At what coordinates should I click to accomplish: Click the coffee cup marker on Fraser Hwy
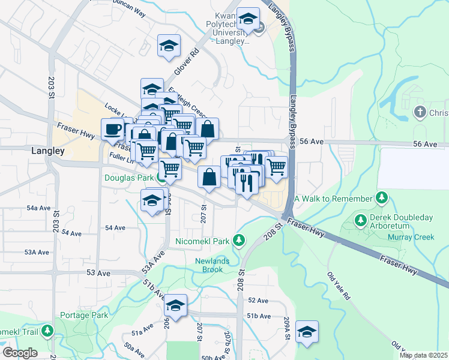113,128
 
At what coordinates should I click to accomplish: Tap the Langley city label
47,152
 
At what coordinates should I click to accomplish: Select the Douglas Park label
130,178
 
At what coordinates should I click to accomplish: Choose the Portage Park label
84,315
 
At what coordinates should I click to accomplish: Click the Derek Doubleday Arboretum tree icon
361,220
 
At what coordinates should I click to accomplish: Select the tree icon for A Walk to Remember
381,198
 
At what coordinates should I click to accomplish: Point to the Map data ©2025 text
423,355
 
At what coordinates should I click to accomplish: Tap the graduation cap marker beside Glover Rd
169,46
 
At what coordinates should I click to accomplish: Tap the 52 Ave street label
258,300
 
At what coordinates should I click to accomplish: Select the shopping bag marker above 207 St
209,177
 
